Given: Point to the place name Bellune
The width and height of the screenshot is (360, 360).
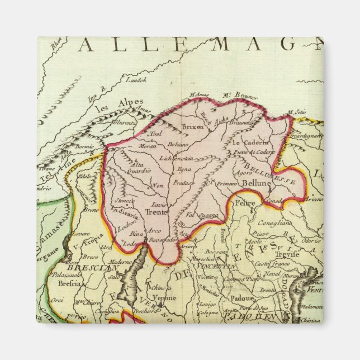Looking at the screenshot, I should point(256,183).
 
